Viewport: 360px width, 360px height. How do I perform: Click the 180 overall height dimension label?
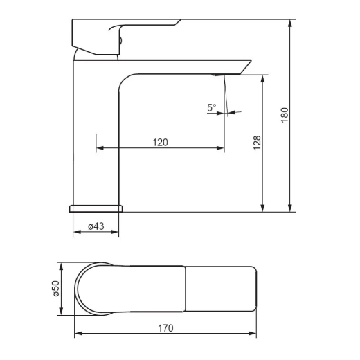coord(285,115)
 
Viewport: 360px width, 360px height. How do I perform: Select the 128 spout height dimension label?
coord(257,143)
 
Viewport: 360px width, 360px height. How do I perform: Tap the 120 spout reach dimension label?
coord(160,143)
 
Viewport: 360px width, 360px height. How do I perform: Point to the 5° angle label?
coord(212,107)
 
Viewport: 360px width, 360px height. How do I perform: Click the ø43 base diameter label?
coord(96,226)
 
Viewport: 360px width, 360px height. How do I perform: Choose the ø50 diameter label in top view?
coord(56,289)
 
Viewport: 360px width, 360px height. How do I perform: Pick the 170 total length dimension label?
coord(165,328)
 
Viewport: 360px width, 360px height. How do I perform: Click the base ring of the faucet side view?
coord(96,208)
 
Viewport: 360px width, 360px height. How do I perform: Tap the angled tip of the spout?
coord(246,67)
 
